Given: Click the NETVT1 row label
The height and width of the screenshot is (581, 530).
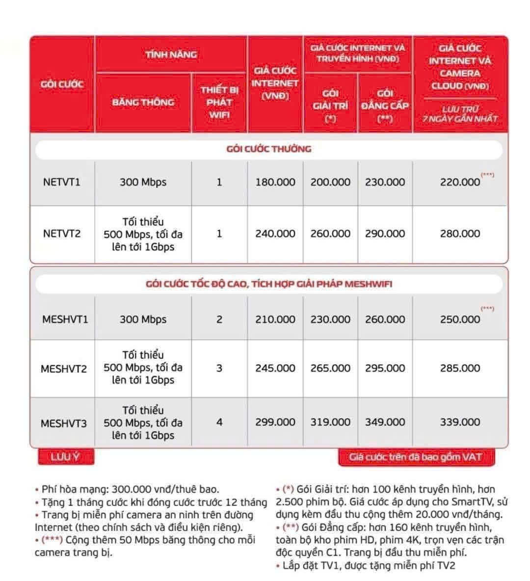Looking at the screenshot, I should coord(61,182).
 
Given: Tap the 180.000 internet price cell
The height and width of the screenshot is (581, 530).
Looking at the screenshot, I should coord(275,182).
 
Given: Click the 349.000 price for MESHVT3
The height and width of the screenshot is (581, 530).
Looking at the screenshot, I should coord(385,422).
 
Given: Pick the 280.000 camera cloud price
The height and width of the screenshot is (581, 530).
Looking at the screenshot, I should coord(460,234).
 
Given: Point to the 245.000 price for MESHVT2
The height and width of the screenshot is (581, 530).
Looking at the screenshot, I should coord(275,368).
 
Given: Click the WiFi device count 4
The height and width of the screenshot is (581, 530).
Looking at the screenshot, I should coord(219,422).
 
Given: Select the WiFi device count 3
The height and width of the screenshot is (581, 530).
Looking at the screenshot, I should coord(219,368).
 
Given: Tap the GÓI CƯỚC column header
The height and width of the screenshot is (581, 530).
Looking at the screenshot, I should coord(62,84).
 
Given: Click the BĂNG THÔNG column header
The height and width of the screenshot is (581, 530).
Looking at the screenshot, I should coord(143,103).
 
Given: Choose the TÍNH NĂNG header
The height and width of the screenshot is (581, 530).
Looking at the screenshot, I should coord(171,54).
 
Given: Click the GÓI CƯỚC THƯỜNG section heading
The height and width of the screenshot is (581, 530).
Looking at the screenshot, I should coord(268,149).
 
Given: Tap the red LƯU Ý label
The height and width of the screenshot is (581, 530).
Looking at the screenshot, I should coord(66,457).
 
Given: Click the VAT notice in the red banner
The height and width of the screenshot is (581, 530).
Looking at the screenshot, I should coord(416,457).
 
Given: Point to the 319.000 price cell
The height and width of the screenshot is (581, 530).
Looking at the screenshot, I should coord(330,422).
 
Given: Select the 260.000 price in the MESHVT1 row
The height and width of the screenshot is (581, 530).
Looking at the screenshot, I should coord(385,319).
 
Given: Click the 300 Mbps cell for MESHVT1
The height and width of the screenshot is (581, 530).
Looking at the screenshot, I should coord(143,319).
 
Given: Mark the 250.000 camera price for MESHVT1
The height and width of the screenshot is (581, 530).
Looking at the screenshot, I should coord(460,319).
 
